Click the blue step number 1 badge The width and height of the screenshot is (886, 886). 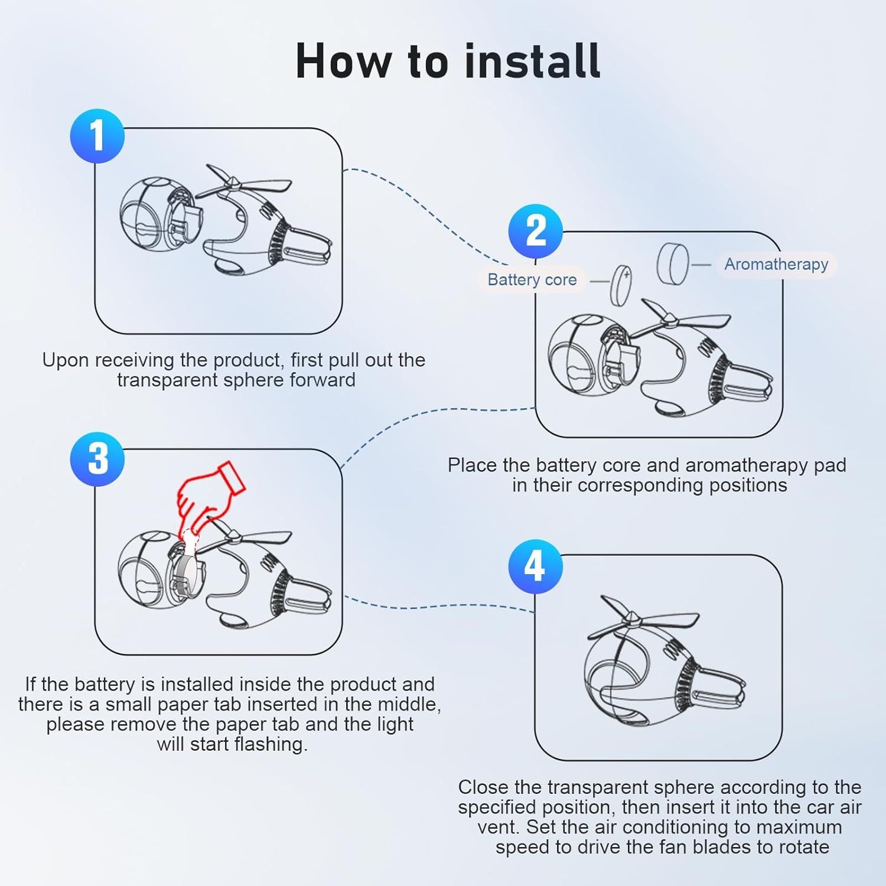(x=97, y=136)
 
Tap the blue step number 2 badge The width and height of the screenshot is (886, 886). (x=536, y=231)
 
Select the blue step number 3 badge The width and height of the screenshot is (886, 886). (x=97, y=459)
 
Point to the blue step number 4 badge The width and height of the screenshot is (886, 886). (x=536, y=566)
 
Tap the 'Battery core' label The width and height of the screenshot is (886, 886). (x=532, y=279)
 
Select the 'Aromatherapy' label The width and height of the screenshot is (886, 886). (x=776, y=264)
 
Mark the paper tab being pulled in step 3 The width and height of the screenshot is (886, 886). (x=190, y=540)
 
